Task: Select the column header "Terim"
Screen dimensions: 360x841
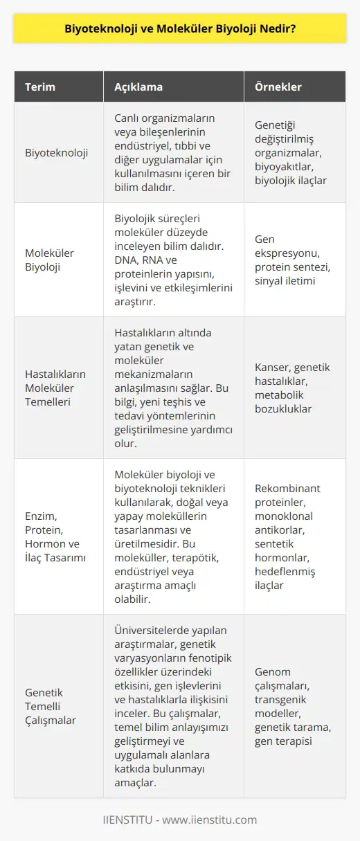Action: point(41,87)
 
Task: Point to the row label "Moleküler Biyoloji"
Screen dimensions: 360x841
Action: point(50,260)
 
